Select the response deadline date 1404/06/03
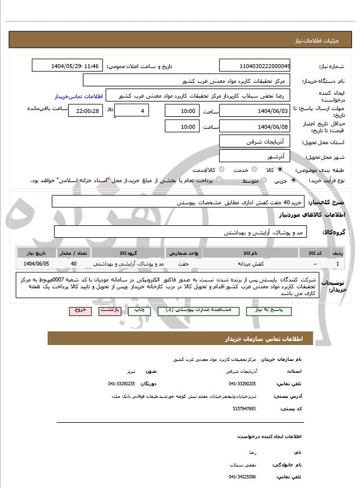[255, 111]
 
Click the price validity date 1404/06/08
[255, 127]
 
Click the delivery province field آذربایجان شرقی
[255, 141]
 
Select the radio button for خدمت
[253, 170]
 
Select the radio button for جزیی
[294, 180]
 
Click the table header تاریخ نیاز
[36, 253]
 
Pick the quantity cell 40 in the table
[74, 264]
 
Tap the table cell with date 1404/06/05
[36, 264]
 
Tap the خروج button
[78, 311]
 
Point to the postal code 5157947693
[244, 408]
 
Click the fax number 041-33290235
[122, 384]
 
